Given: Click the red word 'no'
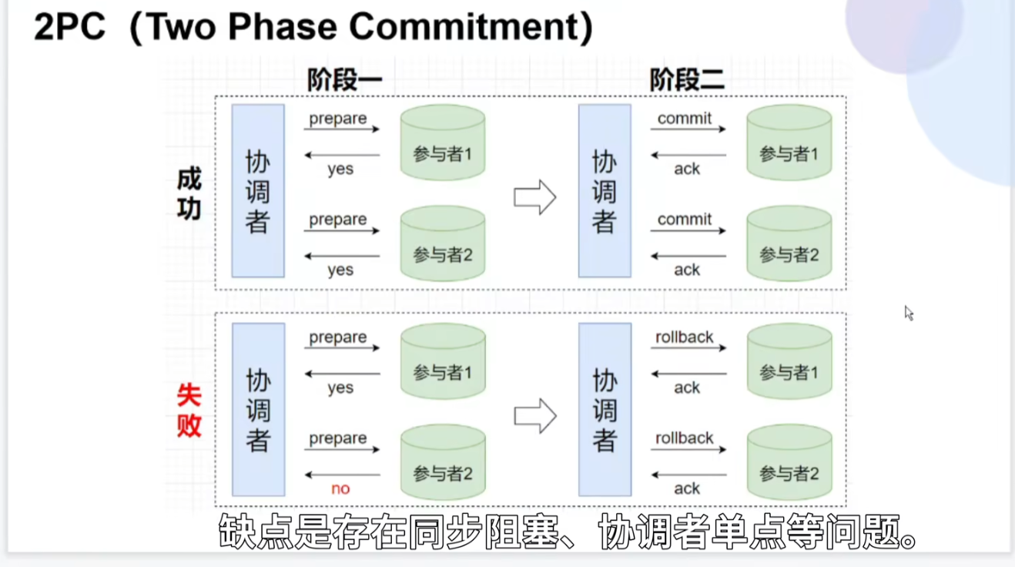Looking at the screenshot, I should coord(340,488).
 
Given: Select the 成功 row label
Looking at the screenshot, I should coord(189,193).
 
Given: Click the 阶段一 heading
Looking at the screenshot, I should coord(344,80).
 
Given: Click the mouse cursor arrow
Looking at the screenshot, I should coord(909,313).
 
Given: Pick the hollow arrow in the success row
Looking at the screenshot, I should coord(534,197).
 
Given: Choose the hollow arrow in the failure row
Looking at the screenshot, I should coord(534,416).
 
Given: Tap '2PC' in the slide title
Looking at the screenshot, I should coord(69,28).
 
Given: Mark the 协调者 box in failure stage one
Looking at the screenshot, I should coord(258,409).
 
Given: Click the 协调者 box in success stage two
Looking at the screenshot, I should coord(605,191).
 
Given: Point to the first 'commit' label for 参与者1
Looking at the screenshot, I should coord(685,119).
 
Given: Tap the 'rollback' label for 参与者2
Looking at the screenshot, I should coord(685,438).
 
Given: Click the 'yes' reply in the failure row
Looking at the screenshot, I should coord(340,388).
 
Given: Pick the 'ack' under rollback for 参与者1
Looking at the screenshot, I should coord(687,388).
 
